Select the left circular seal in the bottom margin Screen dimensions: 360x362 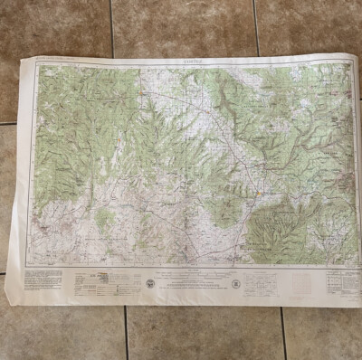[x=150, y=282]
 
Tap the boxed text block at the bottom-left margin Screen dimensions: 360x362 [x=43, y=278]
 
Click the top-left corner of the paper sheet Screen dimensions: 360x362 [x=20, y=61]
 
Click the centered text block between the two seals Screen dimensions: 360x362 [x=192, y=283]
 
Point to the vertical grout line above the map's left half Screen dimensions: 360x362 [x=111, y=27]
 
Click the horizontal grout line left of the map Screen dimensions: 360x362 [x=9, y=123]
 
